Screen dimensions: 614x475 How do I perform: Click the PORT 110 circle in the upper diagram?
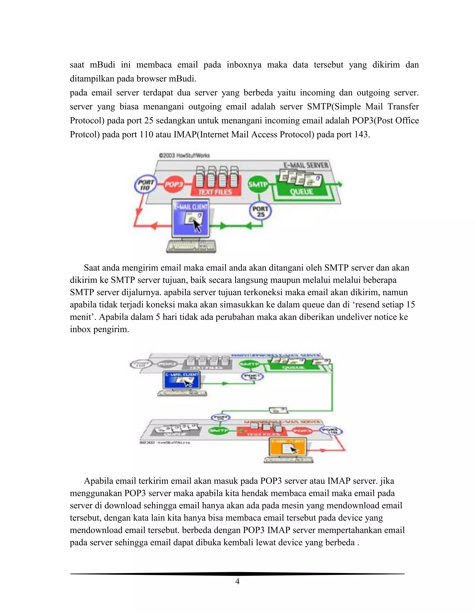[x=145, y=185]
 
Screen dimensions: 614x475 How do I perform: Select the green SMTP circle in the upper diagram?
[x=257, y=185]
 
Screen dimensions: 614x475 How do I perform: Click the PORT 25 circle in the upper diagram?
[x=260, y=212]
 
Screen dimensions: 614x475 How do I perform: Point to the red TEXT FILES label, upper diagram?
[x=215, y=192]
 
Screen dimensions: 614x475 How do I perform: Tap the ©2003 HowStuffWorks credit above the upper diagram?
[x=184, y=155]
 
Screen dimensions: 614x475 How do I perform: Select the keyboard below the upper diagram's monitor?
[x=191, y=247]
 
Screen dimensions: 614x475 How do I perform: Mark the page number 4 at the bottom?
[x=237, y=581]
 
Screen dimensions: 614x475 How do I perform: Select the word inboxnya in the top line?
[x=244, y=65]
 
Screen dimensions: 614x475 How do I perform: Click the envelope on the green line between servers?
[x=278, y=410]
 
